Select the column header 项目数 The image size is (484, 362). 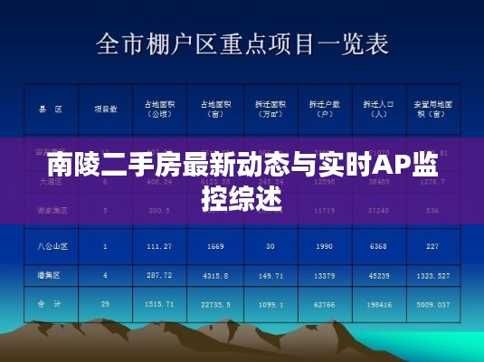(x=105, y=109)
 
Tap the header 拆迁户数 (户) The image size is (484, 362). (x=321, y=110)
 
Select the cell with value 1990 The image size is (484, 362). (x=321, y=245)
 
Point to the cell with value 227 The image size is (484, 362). (x=432, y=245)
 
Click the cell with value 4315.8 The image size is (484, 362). (x=214, y=275)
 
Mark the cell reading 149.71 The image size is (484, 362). (x=269, y=275)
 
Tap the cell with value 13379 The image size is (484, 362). (x=321, y=275)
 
